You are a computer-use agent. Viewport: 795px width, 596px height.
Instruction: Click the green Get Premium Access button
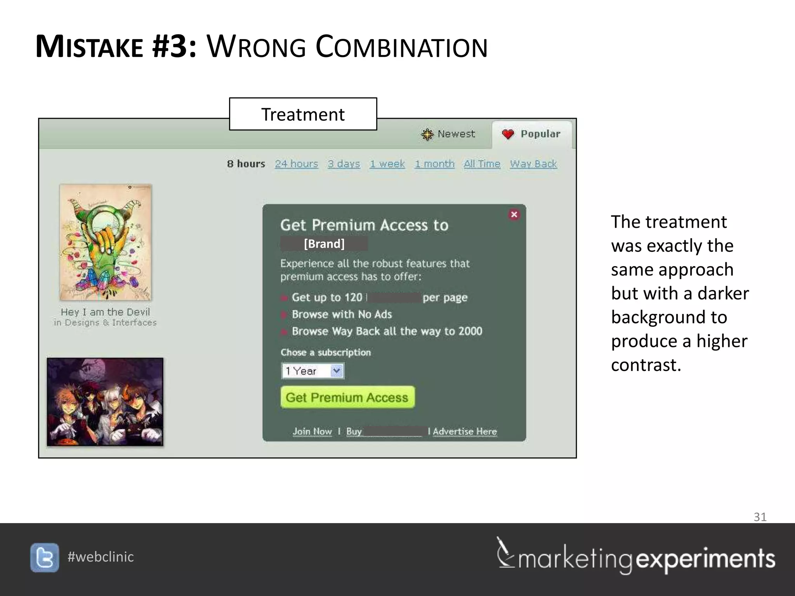pos(347,397)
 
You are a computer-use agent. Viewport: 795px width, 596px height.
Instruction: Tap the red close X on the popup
pos(514,215)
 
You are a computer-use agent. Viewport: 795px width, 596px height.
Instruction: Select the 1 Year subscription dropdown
pos(312,371)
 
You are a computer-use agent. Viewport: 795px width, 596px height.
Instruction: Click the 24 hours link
pos(296,164)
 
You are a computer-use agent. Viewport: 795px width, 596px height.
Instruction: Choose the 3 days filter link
pos(344,164)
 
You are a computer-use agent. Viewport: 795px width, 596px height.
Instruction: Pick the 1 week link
pos(387,164)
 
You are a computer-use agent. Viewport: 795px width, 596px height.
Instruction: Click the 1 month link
pos(434,164)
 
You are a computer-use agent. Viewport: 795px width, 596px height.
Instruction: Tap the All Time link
pos(482,164)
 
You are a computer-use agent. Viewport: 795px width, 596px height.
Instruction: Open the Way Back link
pos(533,164)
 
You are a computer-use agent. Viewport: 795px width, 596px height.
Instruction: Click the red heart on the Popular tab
pos(508,134)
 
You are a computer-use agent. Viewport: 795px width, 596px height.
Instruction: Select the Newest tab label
pos(456,134)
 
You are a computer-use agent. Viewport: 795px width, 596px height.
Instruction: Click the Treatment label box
pos(303,114)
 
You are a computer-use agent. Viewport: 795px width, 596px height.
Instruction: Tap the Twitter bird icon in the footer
pos(45,558)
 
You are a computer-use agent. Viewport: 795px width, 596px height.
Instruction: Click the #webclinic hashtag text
pos(101,557)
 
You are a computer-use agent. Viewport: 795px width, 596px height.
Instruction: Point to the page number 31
pos(760,517)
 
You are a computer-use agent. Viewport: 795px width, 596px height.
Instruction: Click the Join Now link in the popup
pos(312,431)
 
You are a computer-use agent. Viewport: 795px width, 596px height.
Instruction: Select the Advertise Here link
pos(465,431)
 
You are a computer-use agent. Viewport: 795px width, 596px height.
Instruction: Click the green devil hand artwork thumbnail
pos(105,243)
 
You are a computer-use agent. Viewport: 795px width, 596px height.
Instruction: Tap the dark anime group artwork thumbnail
pos(105,402)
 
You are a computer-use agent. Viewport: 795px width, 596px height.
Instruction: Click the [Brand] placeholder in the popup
pos(324,244)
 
